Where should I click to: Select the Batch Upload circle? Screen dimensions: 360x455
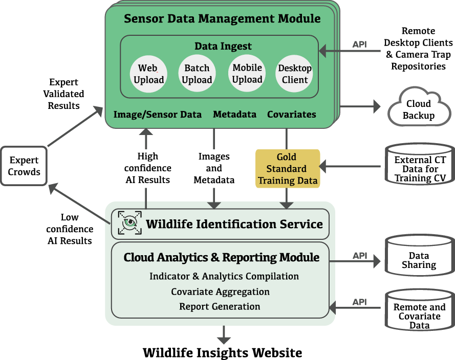point(197,74)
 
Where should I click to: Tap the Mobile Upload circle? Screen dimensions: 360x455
point(247,74)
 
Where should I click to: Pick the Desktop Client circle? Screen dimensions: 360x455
point(295,74)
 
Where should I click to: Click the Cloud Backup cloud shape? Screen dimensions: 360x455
point(418,108)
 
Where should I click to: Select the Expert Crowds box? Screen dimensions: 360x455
point(24,166)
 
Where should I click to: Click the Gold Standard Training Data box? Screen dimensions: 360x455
point(288,168)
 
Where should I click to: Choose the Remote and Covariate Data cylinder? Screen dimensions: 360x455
point(419,312)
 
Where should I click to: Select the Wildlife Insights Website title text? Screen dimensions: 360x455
point(222,352)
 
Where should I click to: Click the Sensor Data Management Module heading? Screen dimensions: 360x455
point(222,19)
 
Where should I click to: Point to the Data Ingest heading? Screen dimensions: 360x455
point(223,46)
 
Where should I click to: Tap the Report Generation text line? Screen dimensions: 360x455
point(220,306)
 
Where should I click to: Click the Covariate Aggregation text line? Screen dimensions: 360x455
point(220,291)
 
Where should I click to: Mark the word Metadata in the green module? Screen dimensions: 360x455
point(234,114)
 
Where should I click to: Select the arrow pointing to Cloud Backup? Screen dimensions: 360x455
point(361,106)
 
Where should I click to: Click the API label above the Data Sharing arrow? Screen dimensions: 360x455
point(360,255)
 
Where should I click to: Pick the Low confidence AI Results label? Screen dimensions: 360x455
point(69,229)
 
